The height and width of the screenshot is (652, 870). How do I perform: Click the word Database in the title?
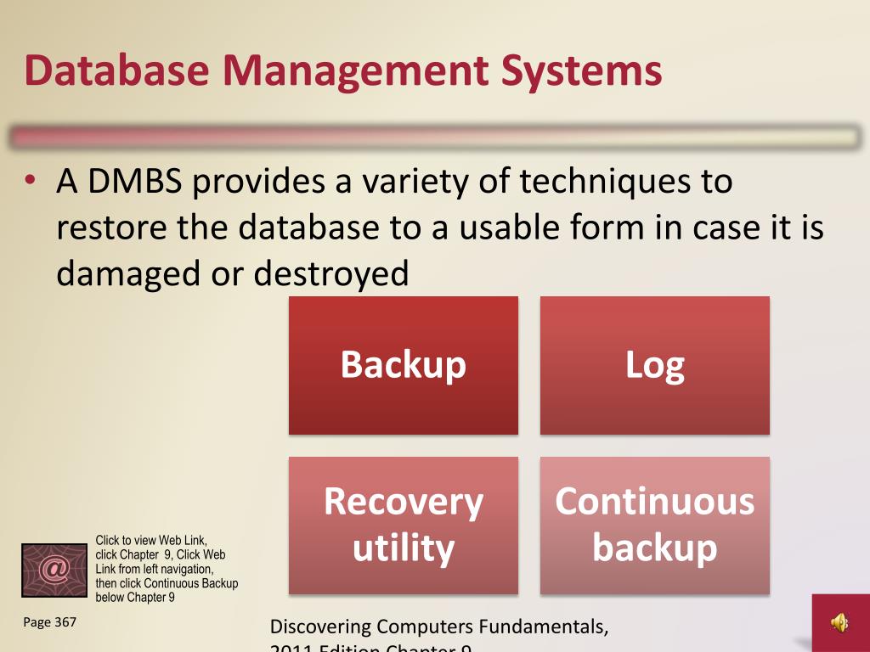click(x=116, y=70)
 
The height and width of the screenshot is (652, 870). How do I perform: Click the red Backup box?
click(x=404, y=365)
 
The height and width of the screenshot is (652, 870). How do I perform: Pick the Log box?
click(x=655, y=365)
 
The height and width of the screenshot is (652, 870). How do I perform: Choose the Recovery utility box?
click(x=404, y=525)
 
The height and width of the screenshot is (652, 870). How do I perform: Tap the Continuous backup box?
click(x=655, y=525)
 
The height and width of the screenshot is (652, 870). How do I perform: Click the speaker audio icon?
click(x=839, y=624)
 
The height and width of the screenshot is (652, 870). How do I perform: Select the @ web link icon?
click(x=54, y=570)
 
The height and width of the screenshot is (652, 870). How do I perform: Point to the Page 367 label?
click(x=50, y=622)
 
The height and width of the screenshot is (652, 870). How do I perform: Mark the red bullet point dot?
click(x=31, y=181)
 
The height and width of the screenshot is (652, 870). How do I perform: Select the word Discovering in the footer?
click(x=320, y=627)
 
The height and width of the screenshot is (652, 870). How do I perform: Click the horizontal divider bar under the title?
click(x=435, y=138)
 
